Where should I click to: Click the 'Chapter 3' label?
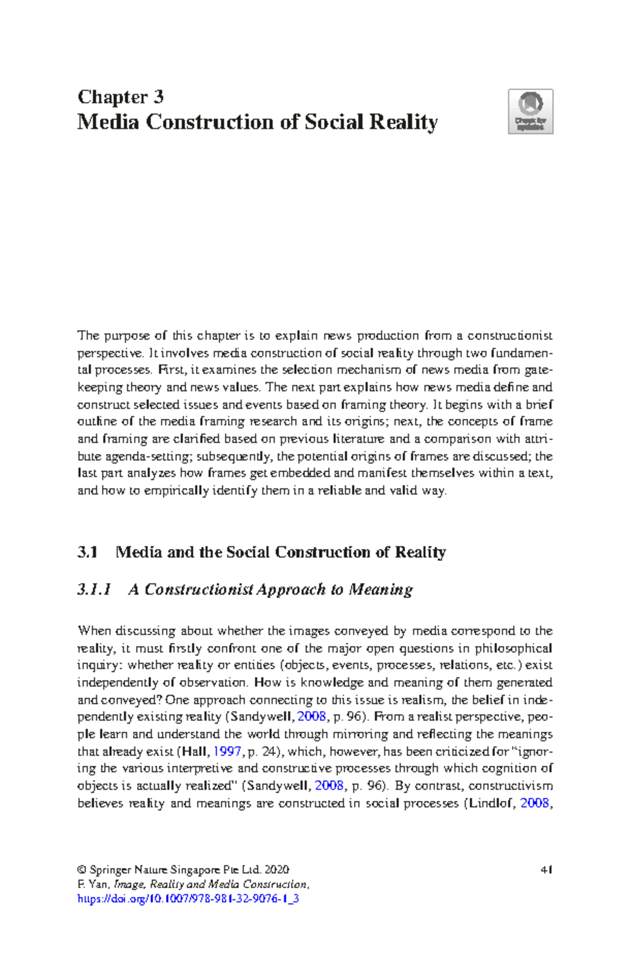[x=120, y=97]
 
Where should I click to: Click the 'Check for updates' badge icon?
[x=530, y=111]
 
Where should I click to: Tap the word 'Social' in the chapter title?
[x=334, y=122]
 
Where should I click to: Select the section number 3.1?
[x=87, y=552]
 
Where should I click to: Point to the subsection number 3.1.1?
[x=94, y=589]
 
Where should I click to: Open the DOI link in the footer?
[x=188, y=898]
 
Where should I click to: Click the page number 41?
[x=547, y=869]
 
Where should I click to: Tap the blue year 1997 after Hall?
[x=227, y=751]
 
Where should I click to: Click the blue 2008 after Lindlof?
[x=534, y=803]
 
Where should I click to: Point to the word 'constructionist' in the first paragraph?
[x=509, y=335]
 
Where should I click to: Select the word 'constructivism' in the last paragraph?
[x=510, y=786]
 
